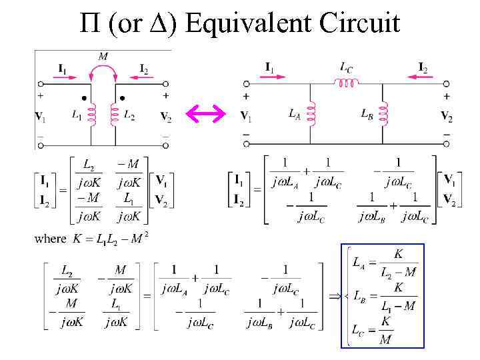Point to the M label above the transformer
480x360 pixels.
click(103, 56)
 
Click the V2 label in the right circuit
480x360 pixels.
click(446, 117)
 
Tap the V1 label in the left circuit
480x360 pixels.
click(41, 117)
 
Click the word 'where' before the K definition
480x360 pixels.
click(51, 238)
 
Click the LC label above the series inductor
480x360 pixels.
click(347, 67)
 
